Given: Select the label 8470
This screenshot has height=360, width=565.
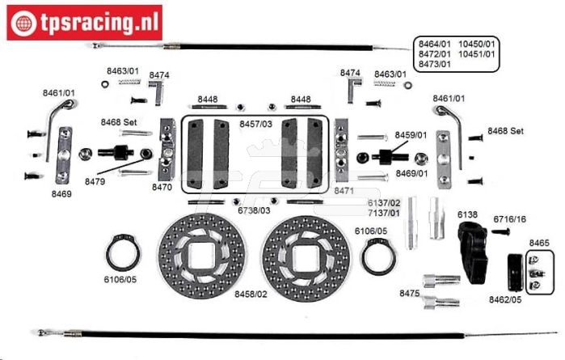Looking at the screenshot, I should (x=162, y=187).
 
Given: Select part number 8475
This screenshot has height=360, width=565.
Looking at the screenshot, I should (x=409, y=294).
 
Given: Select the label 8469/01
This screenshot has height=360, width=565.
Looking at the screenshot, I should (x=411, y=173).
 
